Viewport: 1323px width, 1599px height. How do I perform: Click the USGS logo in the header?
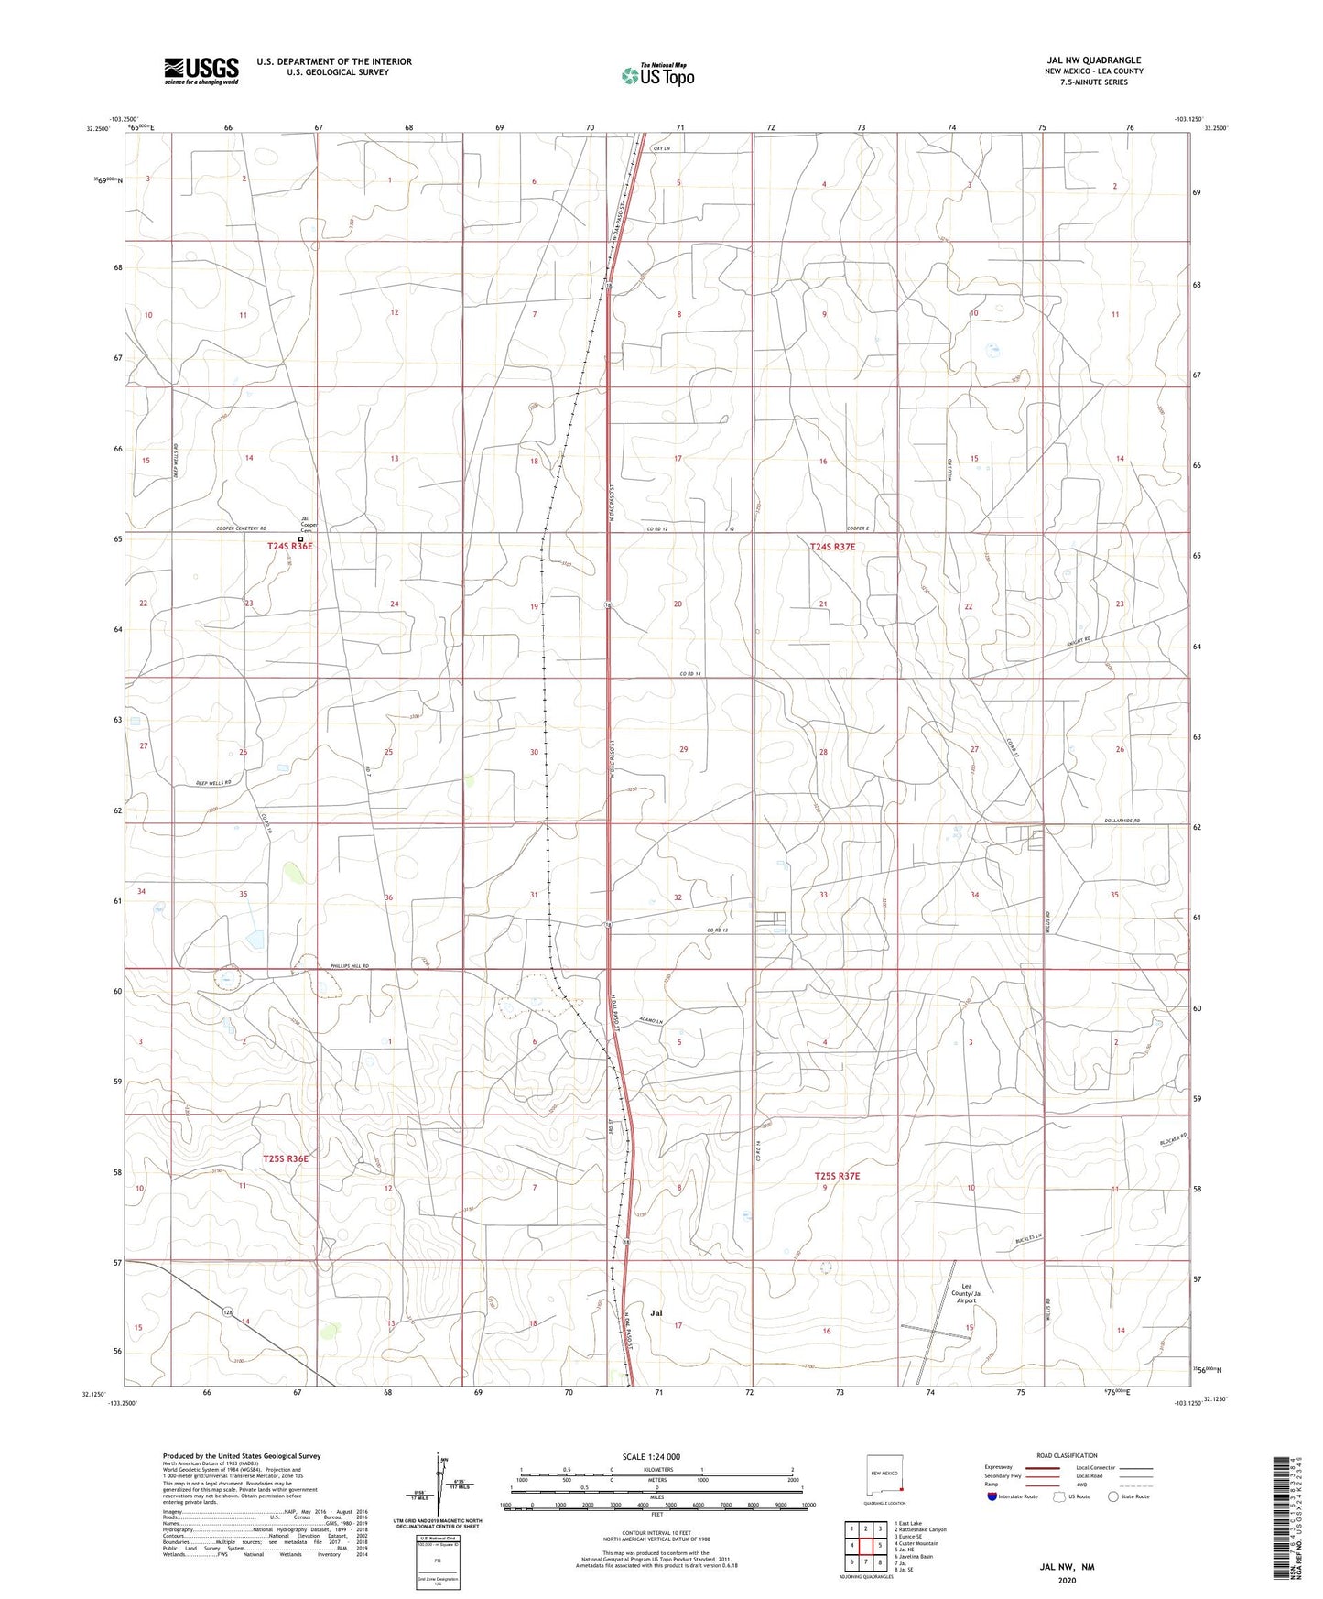(x=201, y=71)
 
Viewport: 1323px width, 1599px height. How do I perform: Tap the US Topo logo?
(x=657, y=75)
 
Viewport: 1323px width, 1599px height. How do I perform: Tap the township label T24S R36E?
(x=290, y=547)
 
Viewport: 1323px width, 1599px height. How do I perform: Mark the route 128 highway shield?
(x=228, y=1312)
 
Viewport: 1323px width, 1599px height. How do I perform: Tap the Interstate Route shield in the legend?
(x=992, y=1496)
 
